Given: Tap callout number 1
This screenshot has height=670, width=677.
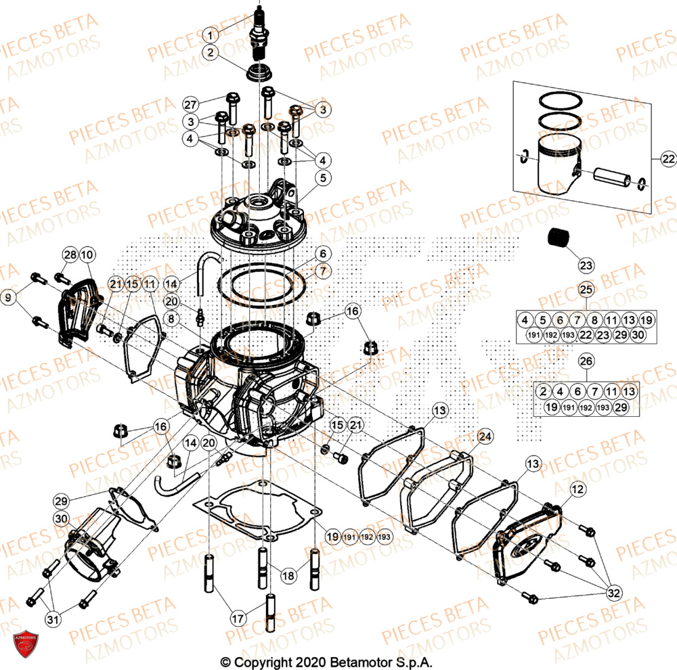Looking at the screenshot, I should tap(211, 34).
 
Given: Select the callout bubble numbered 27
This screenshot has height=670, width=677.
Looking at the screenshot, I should tap(191, 104).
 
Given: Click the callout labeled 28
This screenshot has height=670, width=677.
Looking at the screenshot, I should tap(70, 254).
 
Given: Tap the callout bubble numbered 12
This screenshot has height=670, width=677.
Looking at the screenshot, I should tap(577, 488).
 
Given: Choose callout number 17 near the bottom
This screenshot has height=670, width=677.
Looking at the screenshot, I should tap(238, 617).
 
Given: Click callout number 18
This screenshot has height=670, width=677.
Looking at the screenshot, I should tap(288, 576).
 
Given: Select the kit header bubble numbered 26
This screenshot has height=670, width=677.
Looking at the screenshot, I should tap(586, 361).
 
